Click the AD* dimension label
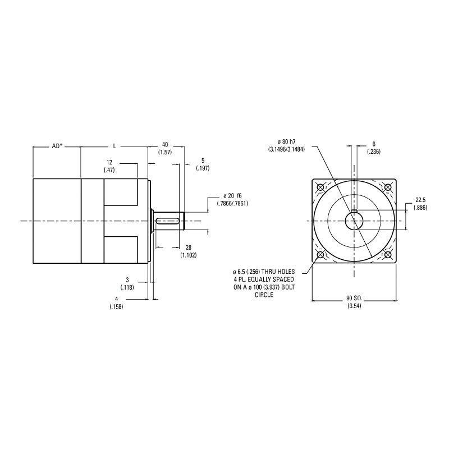point(57,146)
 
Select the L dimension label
point(114,146)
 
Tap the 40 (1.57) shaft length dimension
point(165,149)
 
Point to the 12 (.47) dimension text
point(109,166)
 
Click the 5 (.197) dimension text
point(203,164)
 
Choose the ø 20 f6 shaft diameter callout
point(232,200)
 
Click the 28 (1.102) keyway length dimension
point(189,251)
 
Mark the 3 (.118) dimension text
point(127,283)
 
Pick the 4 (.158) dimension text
point(116,303)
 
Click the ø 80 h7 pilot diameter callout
point(286,145)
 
